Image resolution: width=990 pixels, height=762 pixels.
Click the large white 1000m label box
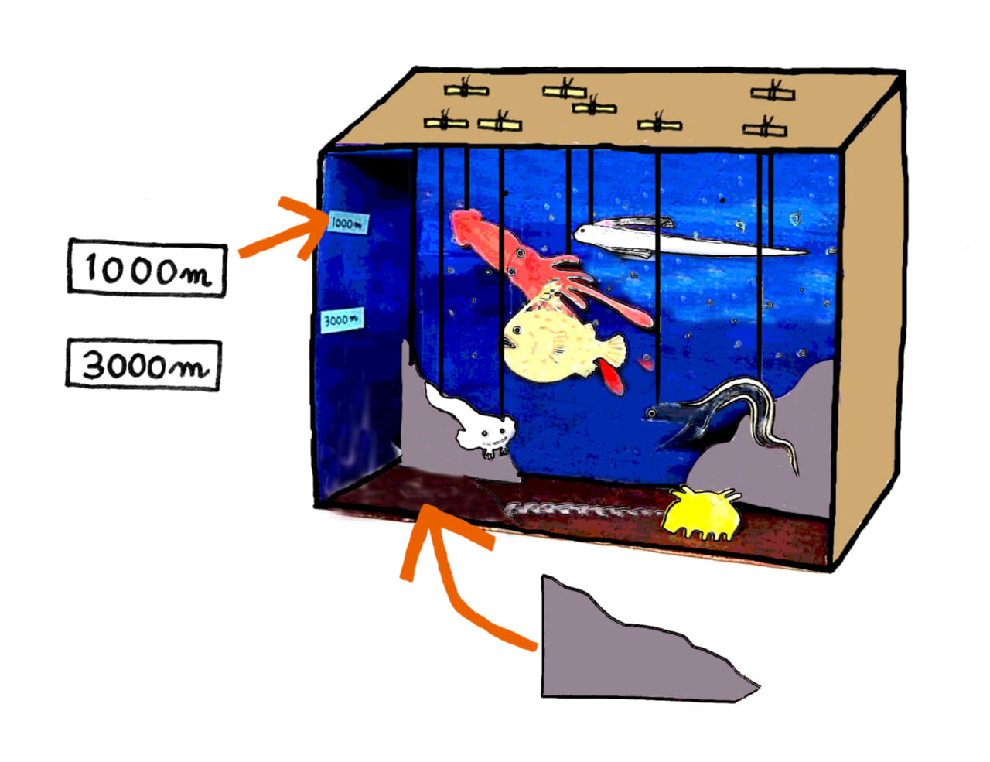(x=147, y=269)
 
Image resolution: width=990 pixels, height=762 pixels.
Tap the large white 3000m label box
(x=144, y=364)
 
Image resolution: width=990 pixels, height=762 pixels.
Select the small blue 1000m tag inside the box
(x=347, y=223)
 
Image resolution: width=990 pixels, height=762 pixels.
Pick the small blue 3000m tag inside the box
(x=341, y=319)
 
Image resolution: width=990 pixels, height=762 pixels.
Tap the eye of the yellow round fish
(x=517, y=331)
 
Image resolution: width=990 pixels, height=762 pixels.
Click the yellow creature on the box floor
(x=700, y=512)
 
